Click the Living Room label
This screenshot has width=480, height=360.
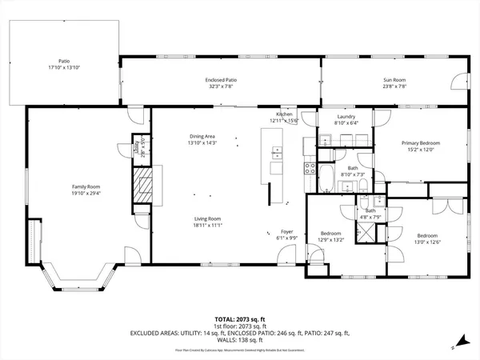pos(207,218)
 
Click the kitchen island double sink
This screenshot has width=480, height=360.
pos(276,153)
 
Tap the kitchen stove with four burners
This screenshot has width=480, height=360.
pos(310,168)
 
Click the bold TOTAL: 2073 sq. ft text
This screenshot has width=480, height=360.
pos(240,318)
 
